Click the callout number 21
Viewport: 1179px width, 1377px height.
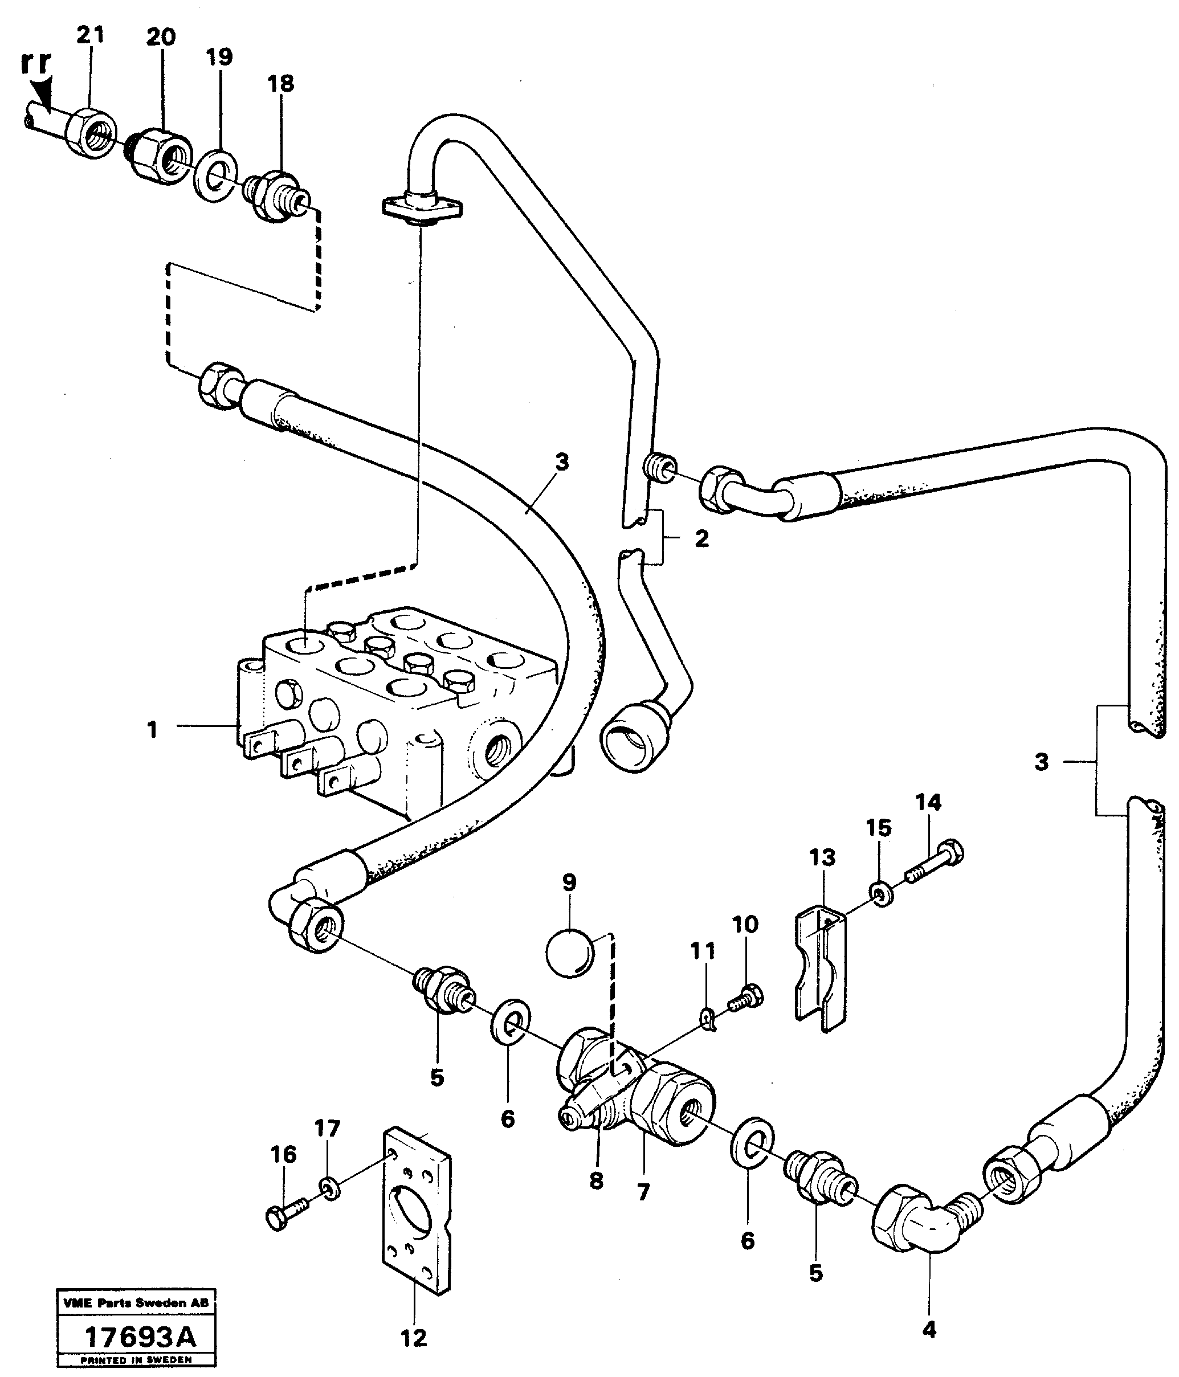point(91,35)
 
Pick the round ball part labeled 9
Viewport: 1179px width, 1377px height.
point(568,953)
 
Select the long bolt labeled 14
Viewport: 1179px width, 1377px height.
point(934,864)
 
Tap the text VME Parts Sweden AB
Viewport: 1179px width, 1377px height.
point(136,1302)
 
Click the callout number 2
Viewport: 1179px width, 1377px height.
point(702,538)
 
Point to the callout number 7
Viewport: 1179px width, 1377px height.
point(643,1193)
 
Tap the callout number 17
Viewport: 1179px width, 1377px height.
point(327,1128)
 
